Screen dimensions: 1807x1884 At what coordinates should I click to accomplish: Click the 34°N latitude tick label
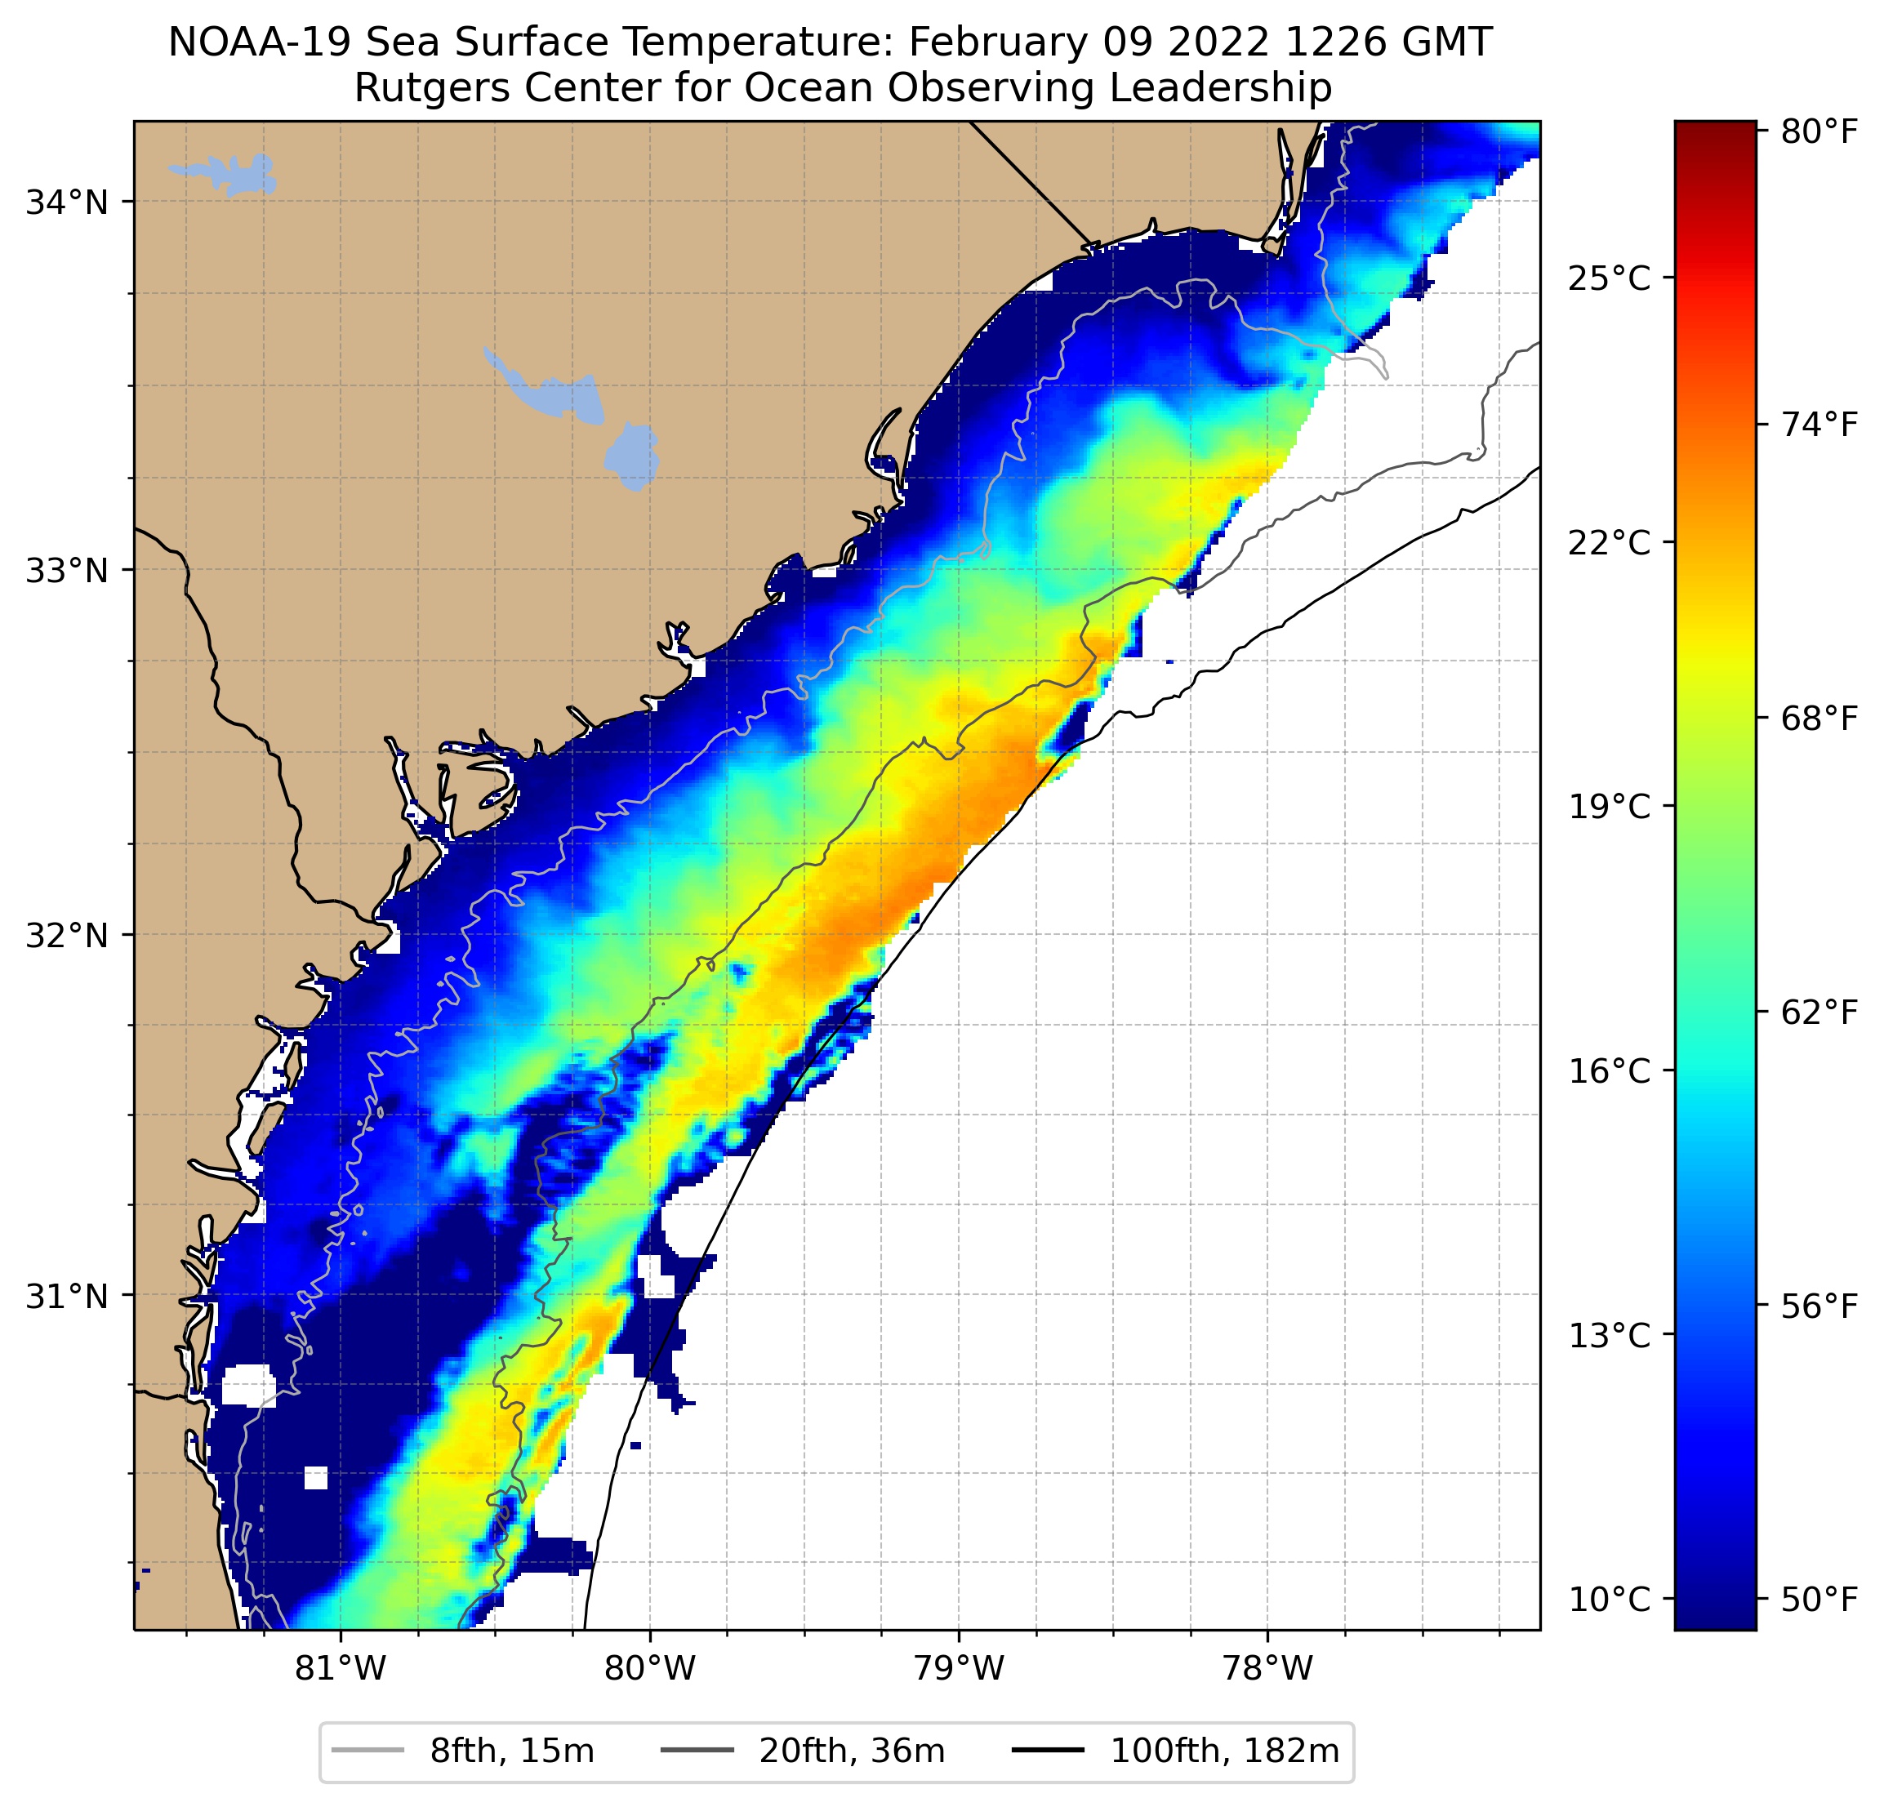click(66, 203)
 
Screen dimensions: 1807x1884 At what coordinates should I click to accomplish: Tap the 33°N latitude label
click(66, 571)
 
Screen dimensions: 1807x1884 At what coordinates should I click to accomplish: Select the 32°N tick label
click(66, 935)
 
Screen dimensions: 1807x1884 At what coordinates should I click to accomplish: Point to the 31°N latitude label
click(66, 1297)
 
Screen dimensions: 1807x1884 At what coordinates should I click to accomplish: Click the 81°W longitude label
click(341, 1668)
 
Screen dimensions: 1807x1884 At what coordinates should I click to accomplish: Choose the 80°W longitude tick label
click(650, 1668)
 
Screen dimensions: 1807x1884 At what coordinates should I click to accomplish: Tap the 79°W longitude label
click(959, 1668)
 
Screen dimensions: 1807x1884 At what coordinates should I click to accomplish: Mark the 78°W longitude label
click(1267, 1668)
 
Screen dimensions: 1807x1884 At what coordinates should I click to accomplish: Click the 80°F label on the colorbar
click(1819, 131)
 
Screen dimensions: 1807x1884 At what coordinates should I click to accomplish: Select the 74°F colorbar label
click(1819, 424)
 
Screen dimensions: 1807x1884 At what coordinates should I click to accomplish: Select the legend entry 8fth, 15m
click(511, 1751)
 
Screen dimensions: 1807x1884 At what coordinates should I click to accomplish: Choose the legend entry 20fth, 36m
click(852, 1751)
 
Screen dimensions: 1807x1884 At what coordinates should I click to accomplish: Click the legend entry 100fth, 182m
click(1223, 1751)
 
